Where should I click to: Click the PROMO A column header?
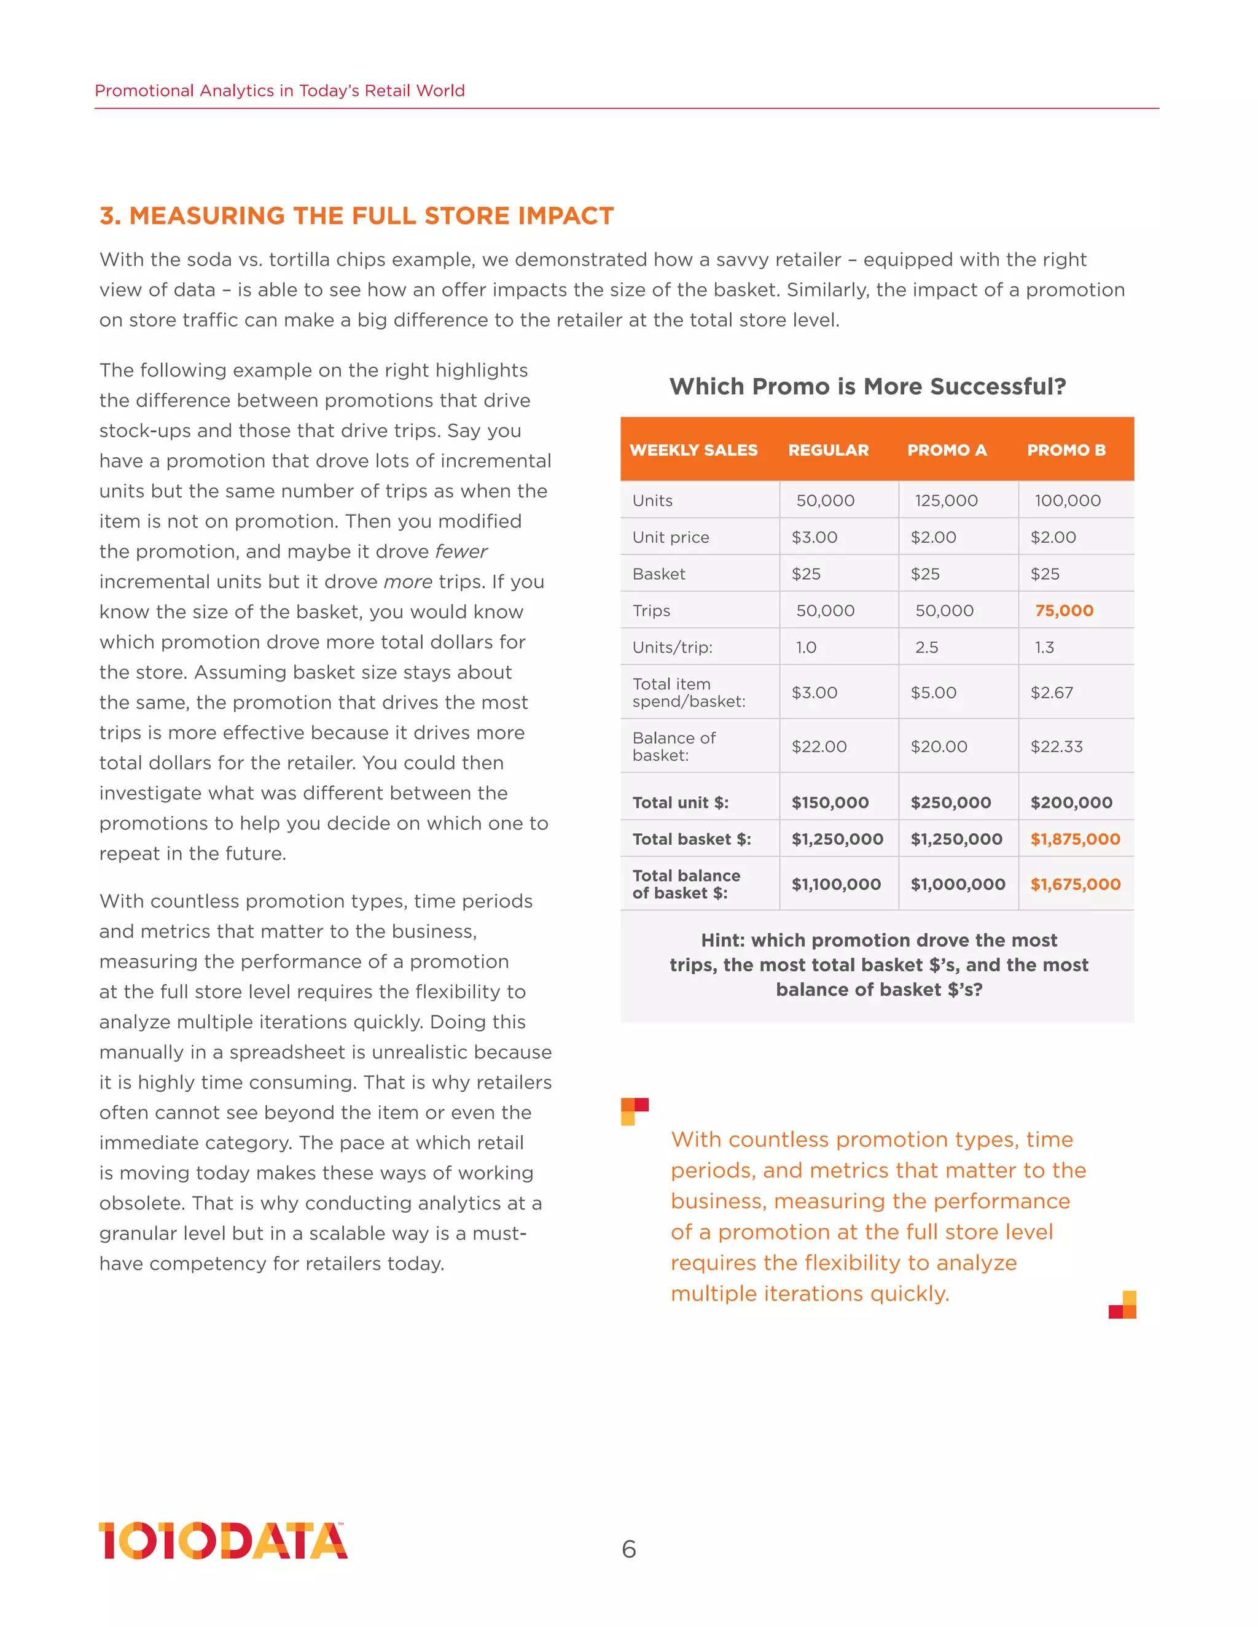(x=947, y=450)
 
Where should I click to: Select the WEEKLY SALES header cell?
(x=693, y=450)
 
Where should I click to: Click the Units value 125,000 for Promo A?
(x=946, y=500)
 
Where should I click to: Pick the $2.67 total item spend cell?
(x=1052, y=693)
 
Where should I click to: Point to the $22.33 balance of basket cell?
(x=1056, y=747)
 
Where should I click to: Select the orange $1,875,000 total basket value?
(x=1075, y=839)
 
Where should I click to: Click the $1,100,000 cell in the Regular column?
(x=835, y=884)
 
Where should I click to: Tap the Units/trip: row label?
(x=672, y=647)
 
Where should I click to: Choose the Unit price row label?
(x=670, y=537)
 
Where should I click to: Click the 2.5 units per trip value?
(x=926, y=647)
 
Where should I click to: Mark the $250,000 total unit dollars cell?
(x=950, y=802)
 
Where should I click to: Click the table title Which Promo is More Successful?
(x=867, y=387)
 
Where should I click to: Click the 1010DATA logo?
(x=223, y=1540)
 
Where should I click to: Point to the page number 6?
(x=628, y=1550)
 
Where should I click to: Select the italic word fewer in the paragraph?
(x=461, y=552)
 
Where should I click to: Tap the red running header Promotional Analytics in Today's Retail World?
(x=279, y=91)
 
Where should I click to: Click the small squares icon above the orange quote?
(x=633, y=1110)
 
